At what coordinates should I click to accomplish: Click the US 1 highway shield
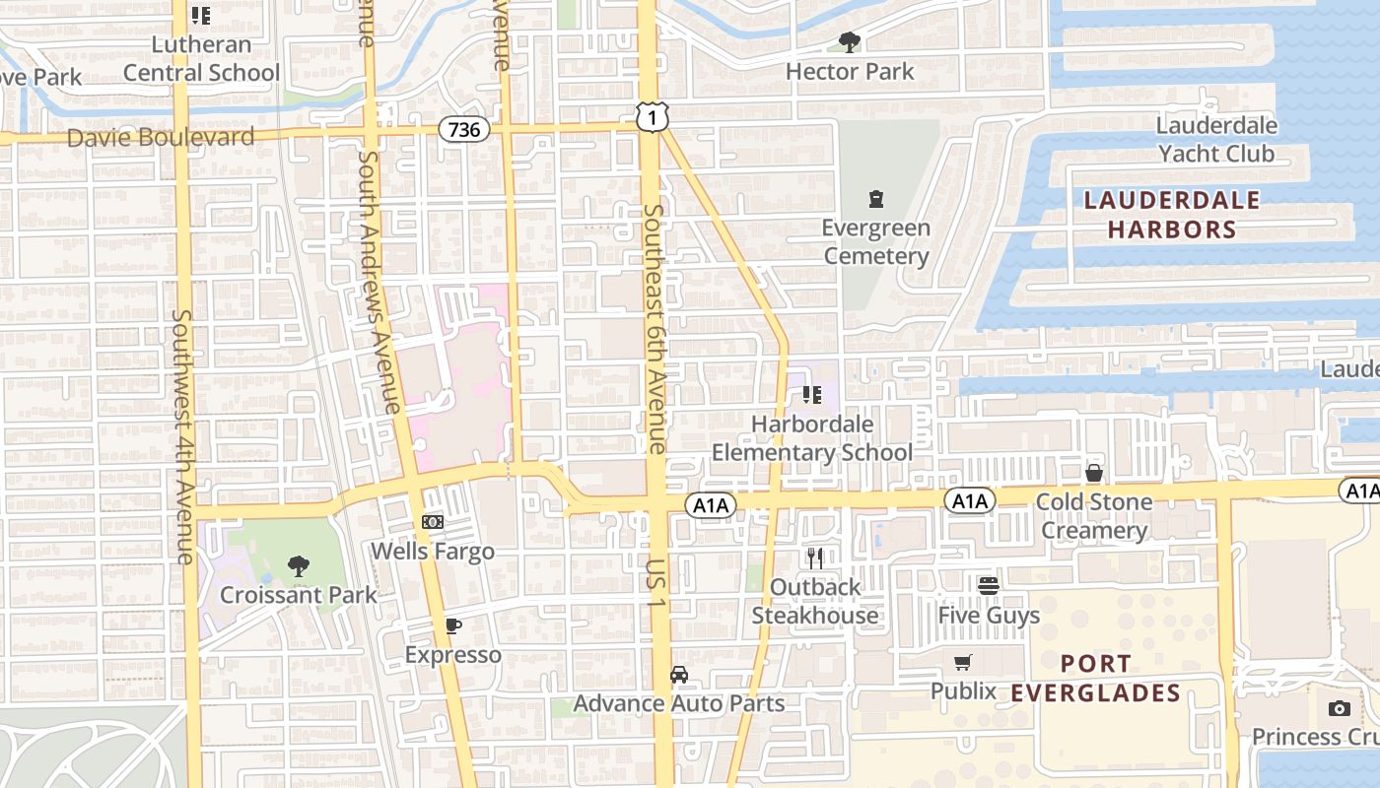[x=652, y=116]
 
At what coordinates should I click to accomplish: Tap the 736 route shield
[x=463, y=129]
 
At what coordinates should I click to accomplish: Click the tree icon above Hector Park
[x=849, y=42]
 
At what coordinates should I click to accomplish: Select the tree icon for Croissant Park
[x=298, y=565]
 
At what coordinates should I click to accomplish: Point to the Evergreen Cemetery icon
[x=875, y=199]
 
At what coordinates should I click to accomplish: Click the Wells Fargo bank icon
[x=433, y=521]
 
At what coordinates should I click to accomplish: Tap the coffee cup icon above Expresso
[x=452, y=625]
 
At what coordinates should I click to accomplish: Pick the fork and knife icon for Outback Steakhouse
[x=815, y=558]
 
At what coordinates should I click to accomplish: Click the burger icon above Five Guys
[x=989, y=586]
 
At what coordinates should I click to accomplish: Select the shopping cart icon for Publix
[x=963, y=662]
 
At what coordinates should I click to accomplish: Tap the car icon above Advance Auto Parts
[x=679, y=675]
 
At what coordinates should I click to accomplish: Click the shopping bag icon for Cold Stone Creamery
[x=1093, y=473]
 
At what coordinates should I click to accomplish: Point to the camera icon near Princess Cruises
[x=1339, y=708]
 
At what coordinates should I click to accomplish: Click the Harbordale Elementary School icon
[x=812, y=395]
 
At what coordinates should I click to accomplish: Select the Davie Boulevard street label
[x=161, y=138]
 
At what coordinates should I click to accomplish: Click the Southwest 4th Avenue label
[x=184, y=437]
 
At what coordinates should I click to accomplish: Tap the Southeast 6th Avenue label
[x=655, y=329]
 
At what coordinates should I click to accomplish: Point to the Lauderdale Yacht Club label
[x=1216, y=140]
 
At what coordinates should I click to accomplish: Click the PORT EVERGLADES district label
[x=1095, y=678]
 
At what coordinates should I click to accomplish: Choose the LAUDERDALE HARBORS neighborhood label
[x=1171, y=215]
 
